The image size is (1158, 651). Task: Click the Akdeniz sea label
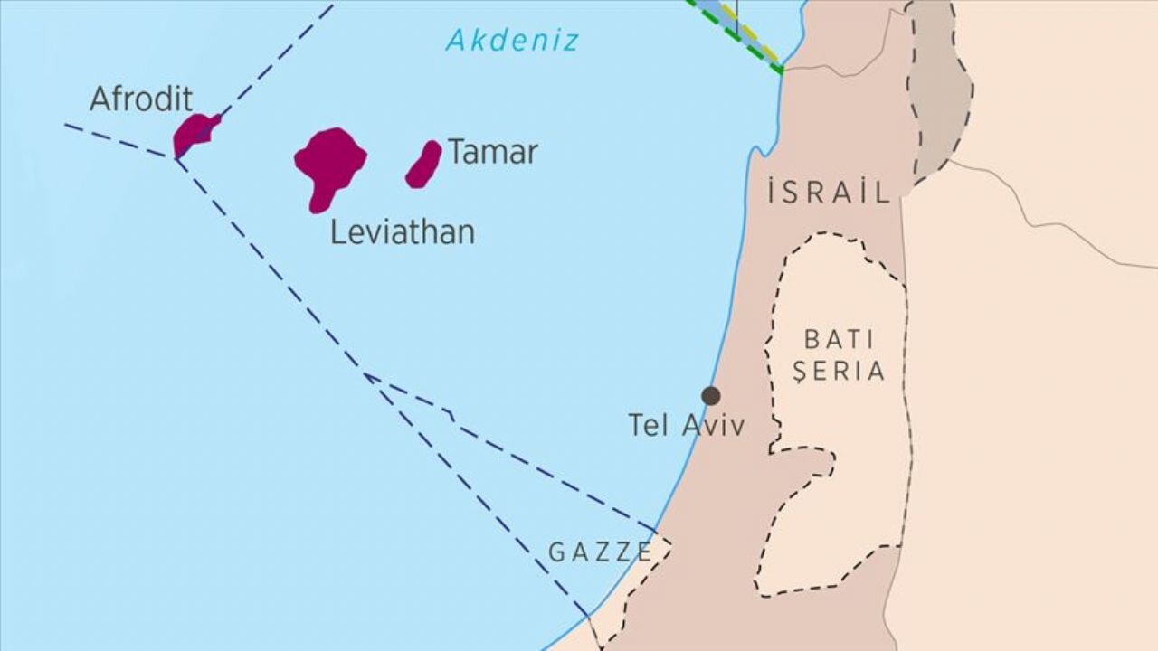[x=512, y=40]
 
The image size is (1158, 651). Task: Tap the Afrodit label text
[x=141, y=99]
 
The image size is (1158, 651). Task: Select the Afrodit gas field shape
[x=194, y=133]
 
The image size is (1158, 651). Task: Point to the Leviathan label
[x=402, y=232]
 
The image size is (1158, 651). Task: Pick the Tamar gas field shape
[x=423, y=164]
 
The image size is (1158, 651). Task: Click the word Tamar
[x=493, y=152]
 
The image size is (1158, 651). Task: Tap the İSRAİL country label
[x=829, y=192]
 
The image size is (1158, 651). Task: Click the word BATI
[x=840, y=340]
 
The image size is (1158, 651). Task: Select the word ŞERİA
[x=839, y=371]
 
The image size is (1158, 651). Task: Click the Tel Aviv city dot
[x=711, y=395]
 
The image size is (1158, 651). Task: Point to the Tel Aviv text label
[x=687, y=425]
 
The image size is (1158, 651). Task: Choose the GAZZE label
[x=600, y=552]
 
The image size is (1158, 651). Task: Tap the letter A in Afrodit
[x=100, y=99]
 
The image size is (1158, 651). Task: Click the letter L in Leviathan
[x=337, y=232]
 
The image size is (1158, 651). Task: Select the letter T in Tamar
[x=457, y=152]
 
